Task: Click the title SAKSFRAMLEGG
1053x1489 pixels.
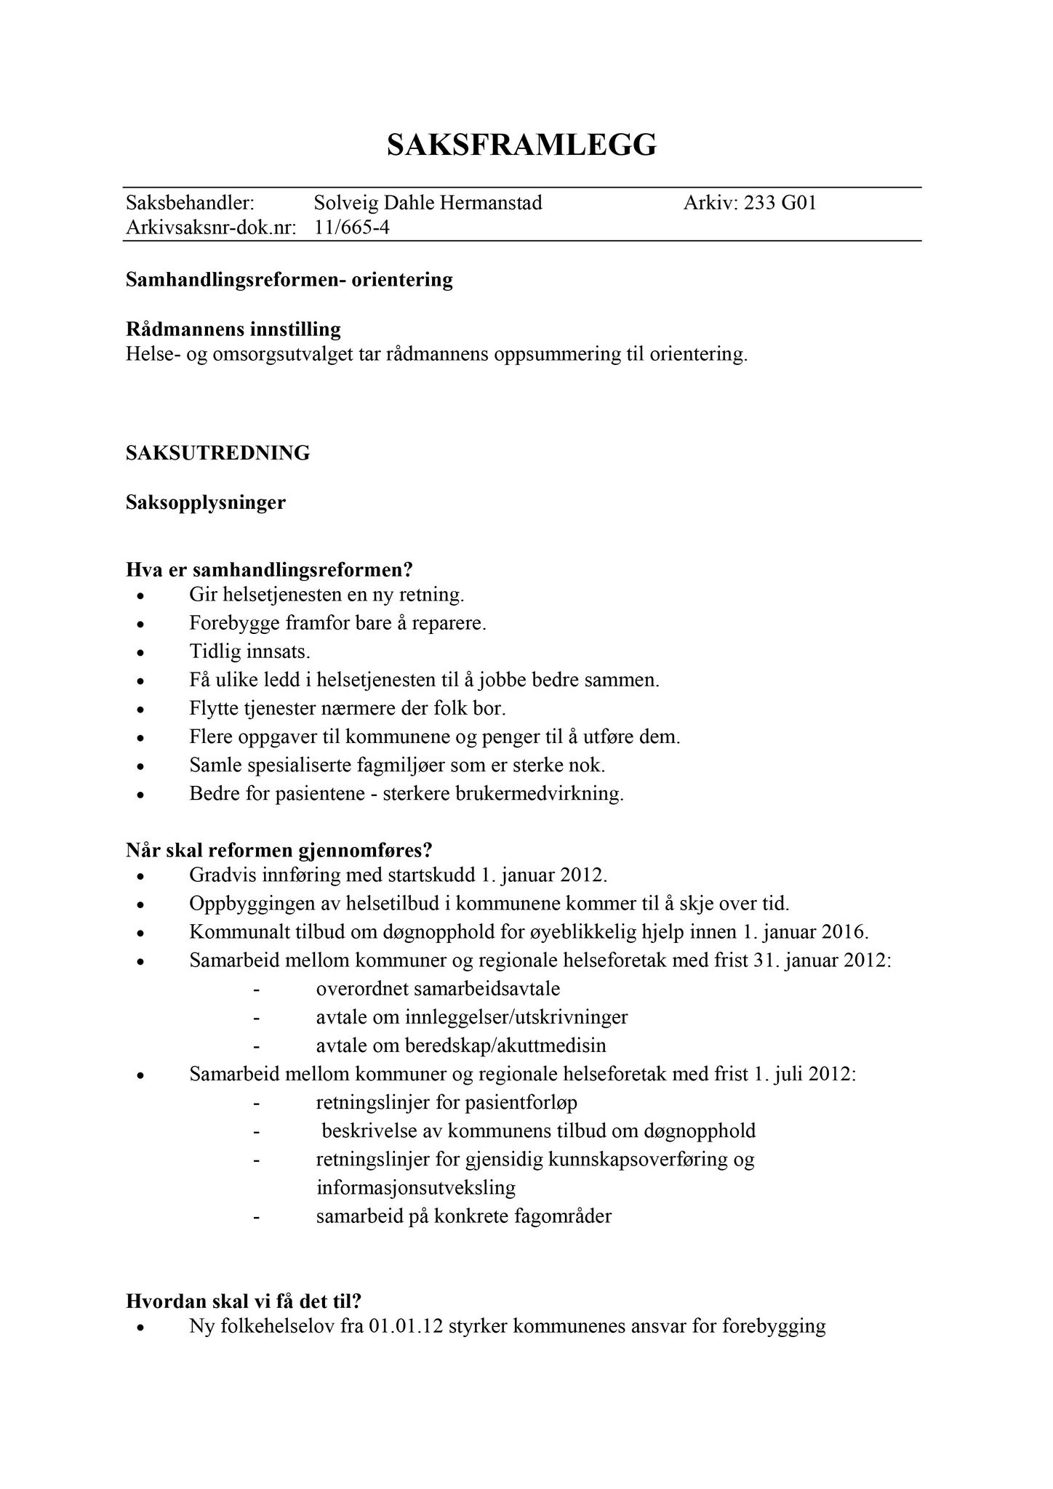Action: [521, 145]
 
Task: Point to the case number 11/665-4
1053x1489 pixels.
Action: [352, 228]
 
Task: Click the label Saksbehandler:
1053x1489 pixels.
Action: [190, 203]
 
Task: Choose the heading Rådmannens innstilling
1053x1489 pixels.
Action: [233, 329]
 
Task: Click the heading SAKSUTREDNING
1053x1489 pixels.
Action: [218, 453]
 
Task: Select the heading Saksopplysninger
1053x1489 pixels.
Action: [206, 502]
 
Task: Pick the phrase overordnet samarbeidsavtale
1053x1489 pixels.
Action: [438, 989]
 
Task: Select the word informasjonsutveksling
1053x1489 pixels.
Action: [416, 1188]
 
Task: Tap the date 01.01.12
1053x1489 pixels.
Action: [406, 1326]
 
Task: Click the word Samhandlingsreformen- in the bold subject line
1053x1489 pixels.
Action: [236, 280]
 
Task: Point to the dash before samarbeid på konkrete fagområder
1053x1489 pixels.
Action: [256, 1216]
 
